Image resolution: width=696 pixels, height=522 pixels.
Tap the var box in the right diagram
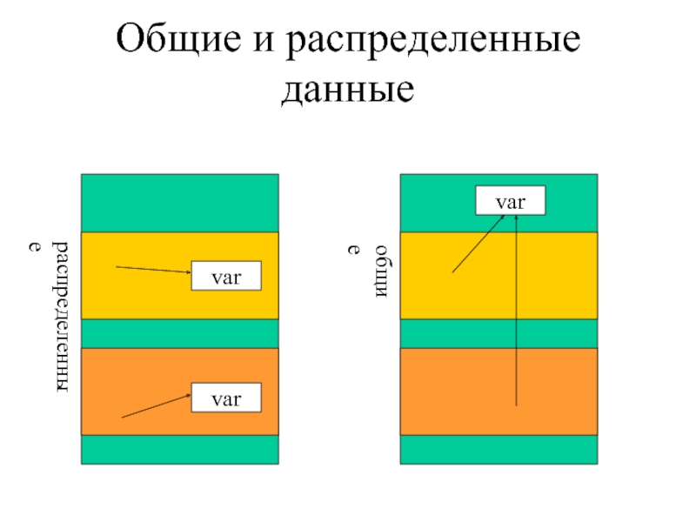pos(510,201)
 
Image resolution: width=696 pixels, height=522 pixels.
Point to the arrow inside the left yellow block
pos(153,270)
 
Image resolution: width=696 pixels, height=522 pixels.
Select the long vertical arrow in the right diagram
pos(517,313)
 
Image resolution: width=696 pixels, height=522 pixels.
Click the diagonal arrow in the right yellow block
pos(477,245)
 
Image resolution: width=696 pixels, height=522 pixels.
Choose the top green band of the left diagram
pos(180,203)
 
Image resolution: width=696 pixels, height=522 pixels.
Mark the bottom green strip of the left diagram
pos(180,449)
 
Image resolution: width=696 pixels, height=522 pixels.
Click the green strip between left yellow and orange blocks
pos(180,333)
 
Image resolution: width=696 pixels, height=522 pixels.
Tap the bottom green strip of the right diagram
pos(499,449)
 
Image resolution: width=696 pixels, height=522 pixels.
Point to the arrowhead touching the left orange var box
pos(188,396)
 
